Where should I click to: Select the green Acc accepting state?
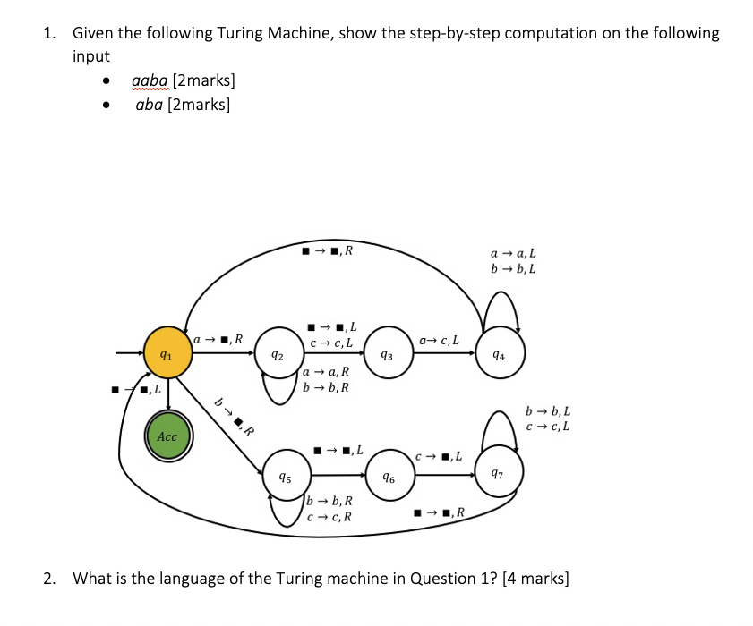coord(167,436)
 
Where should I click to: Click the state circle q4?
coord(500,355)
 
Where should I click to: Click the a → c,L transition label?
coord(440,339)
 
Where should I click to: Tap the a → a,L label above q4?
coord(514,253)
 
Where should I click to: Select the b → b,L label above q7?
coord(549,411)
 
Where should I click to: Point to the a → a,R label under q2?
coord(326,372)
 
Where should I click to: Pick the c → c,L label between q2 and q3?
coord(331,342)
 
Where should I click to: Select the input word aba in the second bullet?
coord(150,105)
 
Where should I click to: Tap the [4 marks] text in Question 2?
coord(536,578)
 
